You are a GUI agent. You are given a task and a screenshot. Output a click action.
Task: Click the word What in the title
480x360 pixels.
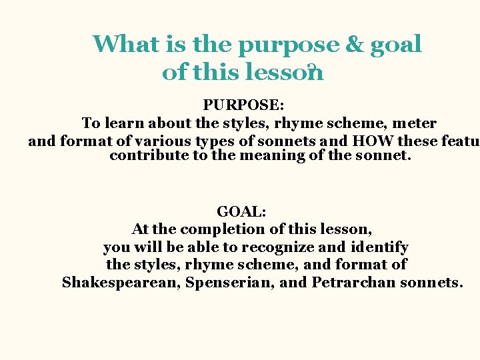point(126,45)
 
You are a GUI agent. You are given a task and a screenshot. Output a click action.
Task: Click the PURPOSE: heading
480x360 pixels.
point(243,105)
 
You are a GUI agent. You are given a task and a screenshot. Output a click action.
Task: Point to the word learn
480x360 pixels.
point(125,123)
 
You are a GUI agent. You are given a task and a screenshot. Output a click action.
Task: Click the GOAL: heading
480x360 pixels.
point(242,211)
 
